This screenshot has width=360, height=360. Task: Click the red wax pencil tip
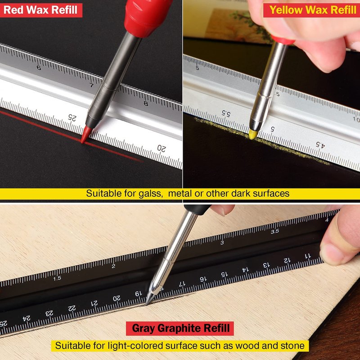tap(86, 134)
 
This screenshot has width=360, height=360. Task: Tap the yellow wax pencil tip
tap(252, 134)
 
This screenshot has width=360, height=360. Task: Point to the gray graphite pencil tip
tap(149, 298)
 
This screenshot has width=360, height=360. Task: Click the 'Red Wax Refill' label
tap(40, 10)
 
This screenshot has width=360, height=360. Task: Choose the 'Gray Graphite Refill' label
tap(180, 328)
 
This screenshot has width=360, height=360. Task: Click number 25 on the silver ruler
tap(72, 118)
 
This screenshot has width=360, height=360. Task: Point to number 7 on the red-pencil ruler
tap(92, 85)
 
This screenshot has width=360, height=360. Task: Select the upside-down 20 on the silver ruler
tap(162, 148)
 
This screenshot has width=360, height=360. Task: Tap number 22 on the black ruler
tap(72, 308)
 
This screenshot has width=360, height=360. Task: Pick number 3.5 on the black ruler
tap(274, 231)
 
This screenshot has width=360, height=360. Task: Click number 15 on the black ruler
tap(224, 274)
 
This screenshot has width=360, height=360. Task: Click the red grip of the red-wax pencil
tap(147, 16)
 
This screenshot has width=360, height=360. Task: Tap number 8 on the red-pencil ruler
tap(146, 103)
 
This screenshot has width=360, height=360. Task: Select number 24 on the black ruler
tap(27, 319)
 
